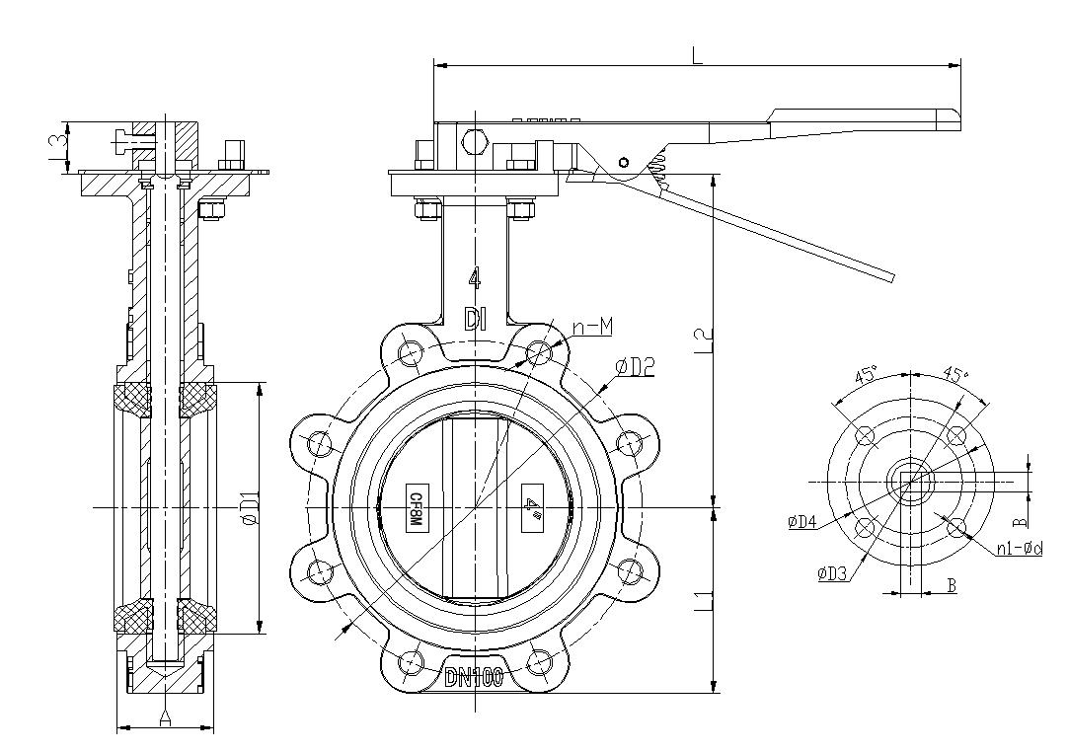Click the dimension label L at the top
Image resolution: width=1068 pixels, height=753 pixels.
pos(697,55)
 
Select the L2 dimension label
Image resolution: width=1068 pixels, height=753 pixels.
pos(703,341)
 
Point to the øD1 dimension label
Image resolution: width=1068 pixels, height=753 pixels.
pos(250,506)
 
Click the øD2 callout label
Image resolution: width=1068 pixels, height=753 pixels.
pos(636,367)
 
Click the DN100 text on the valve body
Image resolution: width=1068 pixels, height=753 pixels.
pos(475,677)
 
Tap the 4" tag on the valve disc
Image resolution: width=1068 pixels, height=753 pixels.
pos(534,506)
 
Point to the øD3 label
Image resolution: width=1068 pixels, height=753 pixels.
pos(833,572)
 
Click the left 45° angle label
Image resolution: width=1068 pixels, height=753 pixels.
pos(867,375)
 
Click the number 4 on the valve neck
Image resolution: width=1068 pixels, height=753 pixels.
pos(475,279)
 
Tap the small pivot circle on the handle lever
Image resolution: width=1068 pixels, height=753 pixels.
pos(623,161)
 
